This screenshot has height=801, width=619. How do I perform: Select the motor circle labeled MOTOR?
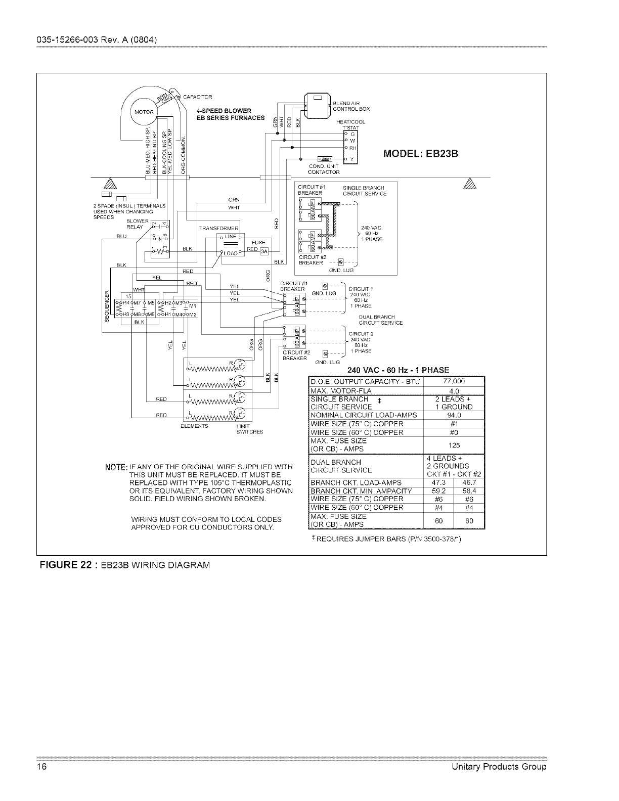[x=143, y=112]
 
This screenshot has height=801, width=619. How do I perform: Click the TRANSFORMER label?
[x=218, y=228]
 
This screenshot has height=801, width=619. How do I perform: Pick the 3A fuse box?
[x=263, y=254]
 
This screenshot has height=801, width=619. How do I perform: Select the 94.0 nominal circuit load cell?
[x=454, y=415]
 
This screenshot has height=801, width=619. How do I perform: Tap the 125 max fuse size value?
[x=454, y=445]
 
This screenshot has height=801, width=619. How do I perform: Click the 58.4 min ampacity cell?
[x=469, y=491]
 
